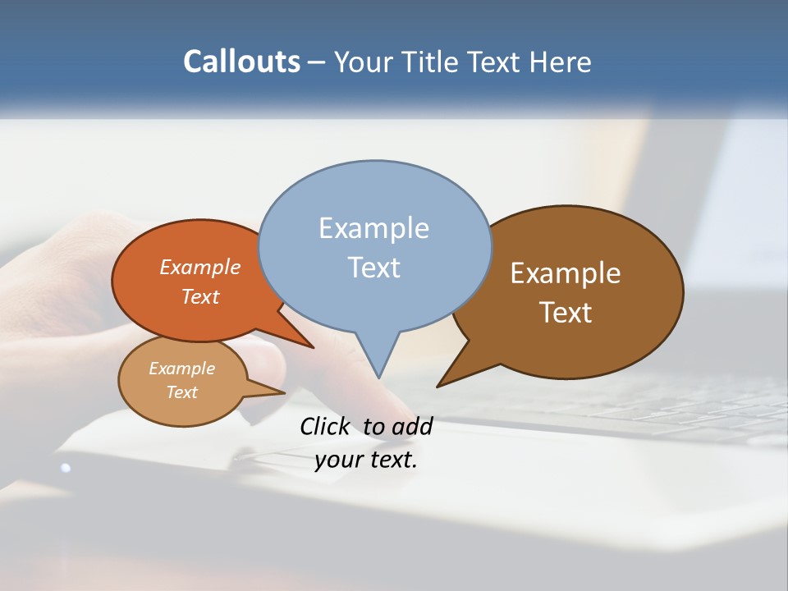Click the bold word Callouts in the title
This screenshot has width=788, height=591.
tap(241, 62)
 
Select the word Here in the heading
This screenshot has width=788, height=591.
tap(562, 62)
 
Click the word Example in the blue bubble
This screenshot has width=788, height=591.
tap(373, 228)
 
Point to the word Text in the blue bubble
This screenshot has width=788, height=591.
tap(374, 268)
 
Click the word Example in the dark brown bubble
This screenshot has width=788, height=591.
tap(566, 273)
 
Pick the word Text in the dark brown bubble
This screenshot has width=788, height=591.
tap(566, 313)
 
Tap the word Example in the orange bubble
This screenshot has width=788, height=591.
tap(200, 268)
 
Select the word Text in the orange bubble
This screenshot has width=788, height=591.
tap(200, 297)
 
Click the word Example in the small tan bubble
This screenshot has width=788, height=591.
tap(182, 369)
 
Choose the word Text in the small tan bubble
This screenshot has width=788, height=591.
tap(182, 392)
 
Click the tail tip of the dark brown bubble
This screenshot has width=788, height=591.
tap(439, 385)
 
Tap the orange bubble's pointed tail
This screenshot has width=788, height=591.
tap(311, 346)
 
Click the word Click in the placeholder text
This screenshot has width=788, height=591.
tap(328, 427)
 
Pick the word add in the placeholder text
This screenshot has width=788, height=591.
tap(412, 427)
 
